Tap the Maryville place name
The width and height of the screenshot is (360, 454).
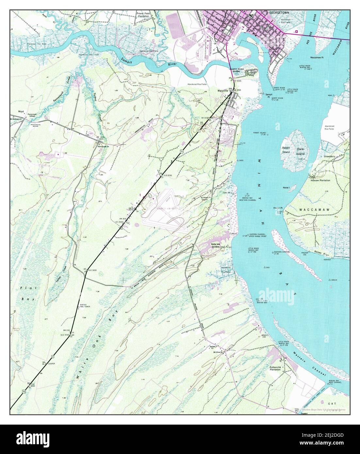(x=223, y=90)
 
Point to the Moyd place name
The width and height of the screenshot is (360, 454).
(x=22, y=111)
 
